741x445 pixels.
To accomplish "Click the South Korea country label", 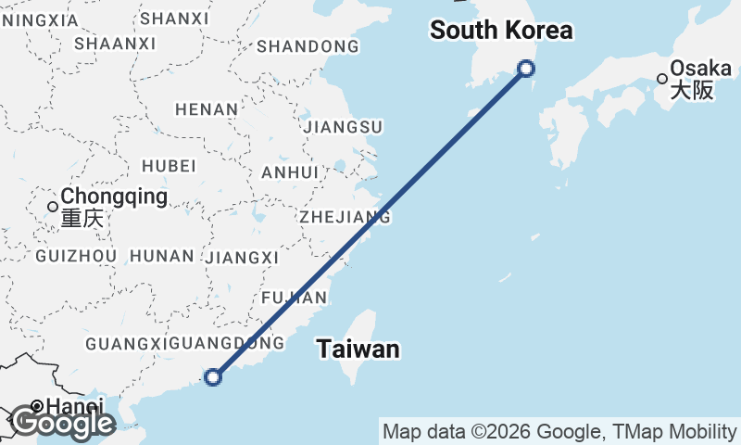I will point(501,31).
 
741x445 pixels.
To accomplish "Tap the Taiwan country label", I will point(358,350).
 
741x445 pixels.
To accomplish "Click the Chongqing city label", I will point(114,197).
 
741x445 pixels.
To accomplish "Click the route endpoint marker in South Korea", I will point(526,68).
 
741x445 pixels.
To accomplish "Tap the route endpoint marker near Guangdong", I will point(214,376).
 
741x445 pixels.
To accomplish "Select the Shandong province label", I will point(308,46).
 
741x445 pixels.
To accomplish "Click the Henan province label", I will point(207,109).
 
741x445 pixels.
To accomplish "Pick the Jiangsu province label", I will point(343,126).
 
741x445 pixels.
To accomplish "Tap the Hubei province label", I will point(169,166).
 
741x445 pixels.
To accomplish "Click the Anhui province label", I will point(290,172).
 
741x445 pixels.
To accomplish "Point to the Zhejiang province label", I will point(345,217).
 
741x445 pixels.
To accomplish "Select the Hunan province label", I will point(162,256).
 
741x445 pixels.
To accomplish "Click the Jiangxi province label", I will point(243,257).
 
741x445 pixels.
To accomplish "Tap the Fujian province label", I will point(295,298).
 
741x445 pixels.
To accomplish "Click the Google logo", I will point(62,423).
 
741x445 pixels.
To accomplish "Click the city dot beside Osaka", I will point(662,79).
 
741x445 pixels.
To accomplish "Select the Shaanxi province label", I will point(115,44).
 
